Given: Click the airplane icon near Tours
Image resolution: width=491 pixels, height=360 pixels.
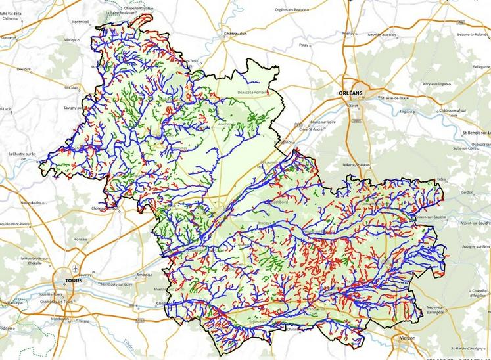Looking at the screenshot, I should tap(78, 269).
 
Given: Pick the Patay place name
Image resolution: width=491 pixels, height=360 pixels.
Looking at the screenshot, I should tap(304, 45).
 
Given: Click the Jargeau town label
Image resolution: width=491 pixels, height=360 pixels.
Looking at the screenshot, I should tap(405, 112).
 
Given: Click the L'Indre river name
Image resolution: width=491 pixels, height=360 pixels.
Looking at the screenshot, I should tap(128, 342).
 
